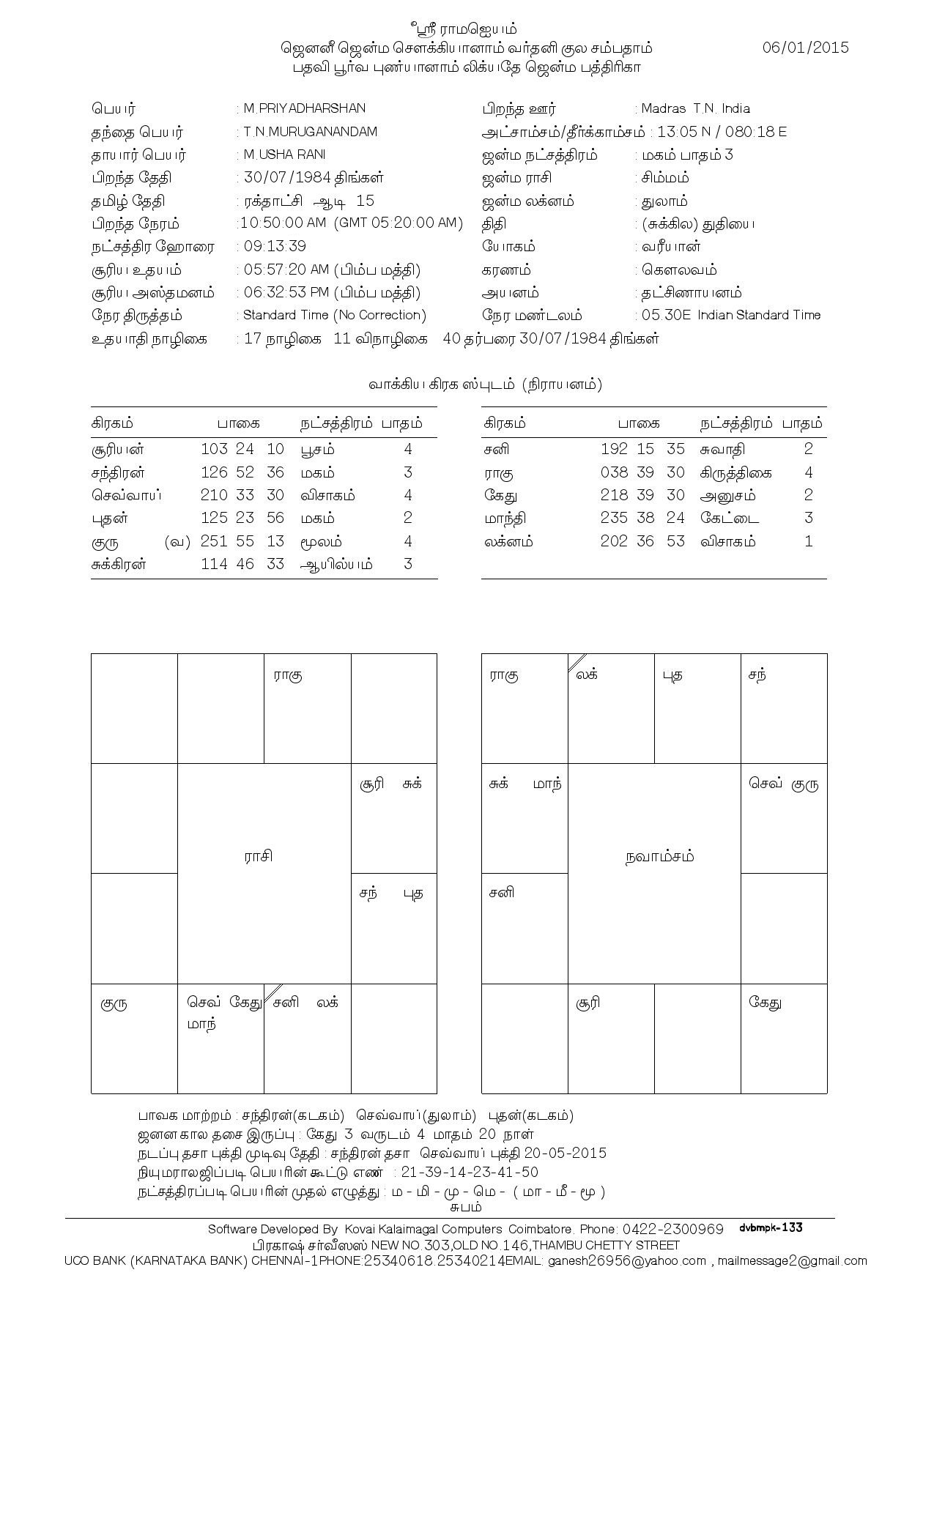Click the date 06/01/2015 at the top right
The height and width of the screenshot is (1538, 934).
(x=805, y=48)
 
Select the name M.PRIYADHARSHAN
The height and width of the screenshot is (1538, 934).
(x=304, y=108)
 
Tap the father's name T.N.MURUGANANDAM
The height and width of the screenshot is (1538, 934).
(x=311, y=132)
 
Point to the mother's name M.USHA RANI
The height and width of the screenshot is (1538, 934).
(x=284, y=155)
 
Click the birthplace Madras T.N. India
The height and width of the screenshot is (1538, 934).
(x=695, y=108)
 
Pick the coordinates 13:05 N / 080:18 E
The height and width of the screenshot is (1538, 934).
(x=722, y=132)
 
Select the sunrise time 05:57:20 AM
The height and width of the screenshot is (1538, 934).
(x=284, y=270)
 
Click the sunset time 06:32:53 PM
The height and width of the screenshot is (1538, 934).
(x=286, y=293)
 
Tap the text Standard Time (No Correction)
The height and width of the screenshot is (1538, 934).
(x=335, y=315)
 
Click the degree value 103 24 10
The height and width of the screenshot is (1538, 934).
(x=242, y=449)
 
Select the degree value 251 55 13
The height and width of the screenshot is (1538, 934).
(x=242, y=541)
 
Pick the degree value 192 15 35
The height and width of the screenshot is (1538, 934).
(x=642, y=449)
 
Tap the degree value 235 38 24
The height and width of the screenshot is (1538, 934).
(x=642, y=518)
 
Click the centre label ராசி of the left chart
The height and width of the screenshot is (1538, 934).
(x=259, y=856)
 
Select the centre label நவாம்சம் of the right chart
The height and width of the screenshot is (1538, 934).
(x=660, y=856)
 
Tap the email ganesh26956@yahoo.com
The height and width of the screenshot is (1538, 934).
(x=627, y=1260)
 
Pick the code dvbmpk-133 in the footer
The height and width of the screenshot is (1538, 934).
(x=771, y=1227)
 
